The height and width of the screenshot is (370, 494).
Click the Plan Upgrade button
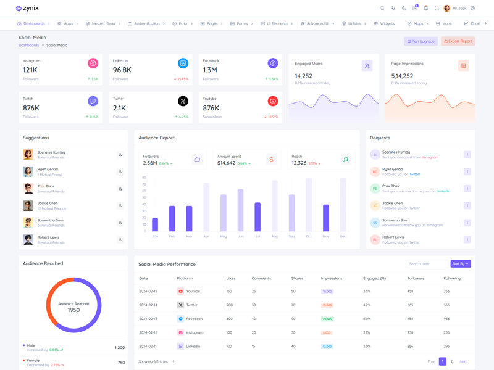(x=421, y=41)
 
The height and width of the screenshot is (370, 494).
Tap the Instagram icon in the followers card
(x=93, y=63)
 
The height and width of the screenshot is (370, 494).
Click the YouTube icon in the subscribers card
(x=273, y=101)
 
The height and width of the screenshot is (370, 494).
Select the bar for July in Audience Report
(x=257, y=217)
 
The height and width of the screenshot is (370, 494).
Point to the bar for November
(x=326, y=218)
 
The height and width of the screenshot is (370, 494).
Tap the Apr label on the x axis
(x=206, y=236)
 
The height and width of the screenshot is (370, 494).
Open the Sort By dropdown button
(x=461, y=263)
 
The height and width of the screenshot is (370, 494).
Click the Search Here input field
(x=427, y=263)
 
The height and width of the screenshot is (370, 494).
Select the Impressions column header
(x=332, y=278)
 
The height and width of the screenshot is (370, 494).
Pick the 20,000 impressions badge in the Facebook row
(x=327, y=319)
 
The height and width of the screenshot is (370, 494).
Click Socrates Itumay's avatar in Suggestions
(x=28, y=155)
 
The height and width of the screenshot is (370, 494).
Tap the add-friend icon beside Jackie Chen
(x=120, y=206)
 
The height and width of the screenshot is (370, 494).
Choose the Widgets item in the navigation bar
(x=384, y=23)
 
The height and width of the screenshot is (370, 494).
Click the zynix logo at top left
(x=27, y=8)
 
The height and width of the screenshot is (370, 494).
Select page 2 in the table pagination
(x=451, y=361)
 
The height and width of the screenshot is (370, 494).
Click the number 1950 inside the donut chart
(x=73, y=310)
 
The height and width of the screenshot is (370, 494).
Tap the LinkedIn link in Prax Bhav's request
(x=443, y=191)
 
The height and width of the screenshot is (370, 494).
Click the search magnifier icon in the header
(x=382, y=9)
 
